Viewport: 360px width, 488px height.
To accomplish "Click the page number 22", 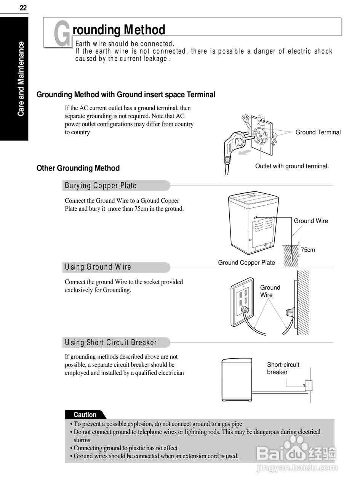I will point(23,8).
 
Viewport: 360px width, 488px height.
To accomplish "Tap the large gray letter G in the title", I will point(62,34).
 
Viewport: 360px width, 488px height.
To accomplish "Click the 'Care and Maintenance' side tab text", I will point(21,79).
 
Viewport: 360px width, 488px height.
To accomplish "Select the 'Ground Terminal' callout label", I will point(318,132).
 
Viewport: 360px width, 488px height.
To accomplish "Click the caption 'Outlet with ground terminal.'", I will point(292,166).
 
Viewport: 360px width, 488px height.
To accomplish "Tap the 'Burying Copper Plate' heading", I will point(101,186).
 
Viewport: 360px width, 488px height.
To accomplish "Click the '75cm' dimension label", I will point(308,250).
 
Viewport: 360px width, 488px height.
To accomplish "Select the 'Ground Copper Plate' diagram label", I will point(246,263).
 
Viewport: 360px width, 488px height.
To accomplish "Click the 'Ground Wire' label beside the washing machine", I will point(310,221).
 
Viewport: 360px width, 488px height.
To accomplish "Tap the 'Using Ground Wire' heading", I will point(98,267).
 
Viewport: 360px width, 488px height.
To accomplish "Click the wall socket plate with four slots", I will point(243,303).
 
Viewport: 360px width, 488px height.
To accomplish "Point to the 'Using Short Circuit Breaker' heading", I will point(111,342).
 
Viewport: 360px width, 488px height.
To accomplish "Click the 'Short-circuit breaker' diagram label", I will point(283,368).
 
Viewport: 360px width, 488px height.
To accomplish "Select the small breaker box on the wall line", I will point(308,386).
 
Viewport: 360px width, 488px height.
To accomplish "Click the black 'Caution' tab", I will point(85,415).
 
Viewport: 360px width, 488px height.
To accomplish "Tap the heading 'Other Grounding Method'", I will point(78,168).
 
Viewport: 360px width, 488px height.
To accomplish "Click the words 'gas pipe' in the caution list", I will point(230,424).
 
